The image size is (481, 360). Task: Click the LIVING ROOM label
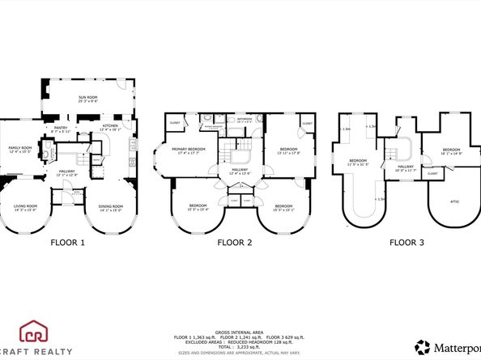[x=25, y=206]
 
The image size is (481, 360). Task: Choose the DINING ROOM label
[x=109, y=206]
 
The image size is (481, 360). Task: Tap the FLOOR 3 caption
[x=407, y=241]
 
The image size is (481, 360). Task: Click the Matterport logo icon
[x=423, y=348]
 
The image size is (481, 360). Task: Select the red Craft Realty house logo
[x=35, y=331]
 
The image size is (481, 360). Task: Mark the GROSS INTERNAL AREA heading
[x=240, y=330]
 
